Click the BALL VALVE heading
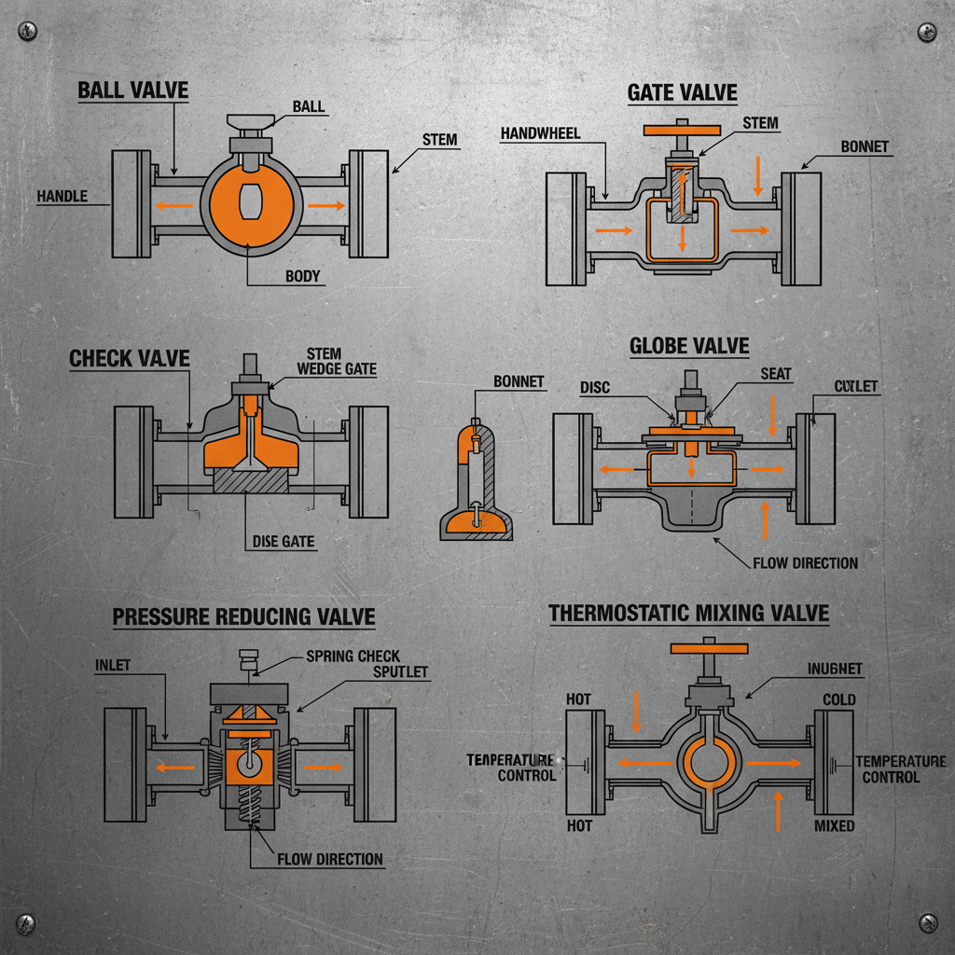click(132, 90)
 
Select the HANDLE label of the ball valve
click(62, 196)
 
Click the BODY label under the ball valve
click(302, 276)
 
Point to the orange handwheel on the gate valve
click(684, 130)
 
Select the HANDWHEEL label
click(540, 133)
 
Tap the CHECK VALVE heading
click(130, 358)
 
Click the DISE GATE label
click(283, 541)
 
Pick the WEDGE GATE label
click(336, 369)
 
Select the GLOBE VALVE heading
click(688, 346)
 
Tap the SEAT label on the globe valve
click(775, 374)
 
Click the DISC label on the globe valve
click(594, 387)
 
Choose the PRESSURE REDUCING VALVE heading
click(243, 616)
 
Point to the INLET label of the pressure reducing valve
click(113, 665)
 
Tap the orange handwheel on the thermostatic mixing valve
click(710, 648)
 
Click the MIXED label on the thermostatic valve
click(834, 826)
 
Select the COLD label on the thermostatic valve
click(839, 699)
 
